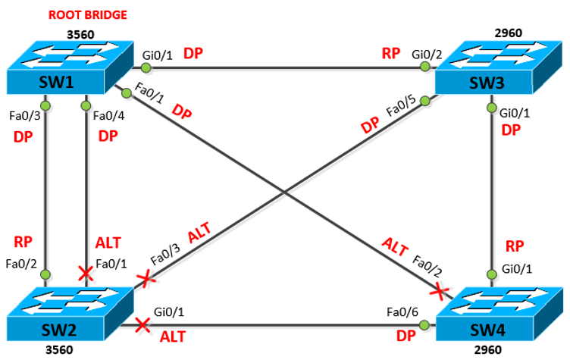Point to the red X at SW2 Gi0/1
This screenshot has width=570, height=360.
pos(141,325)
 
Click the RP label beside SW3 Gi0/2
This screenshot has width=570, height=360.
pos(390,54)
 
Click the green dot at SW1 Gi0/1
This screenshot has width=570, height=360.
pos(146,68)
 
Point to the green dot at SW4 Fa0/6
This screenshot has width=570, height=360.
pos(424,325)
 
